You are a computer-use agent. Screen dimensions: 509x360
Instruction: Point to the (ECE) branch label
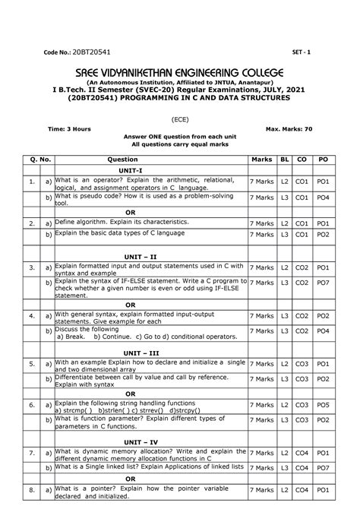pos(180,119)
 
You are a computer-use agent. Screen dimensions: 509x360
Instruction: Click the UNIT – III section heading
pos(142,353)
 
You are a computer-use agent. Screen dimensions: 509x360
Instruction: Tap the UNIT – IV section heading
pos(141,441)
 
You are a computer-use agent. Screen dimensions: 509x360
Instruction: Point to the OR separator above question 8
pos(131,479)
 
